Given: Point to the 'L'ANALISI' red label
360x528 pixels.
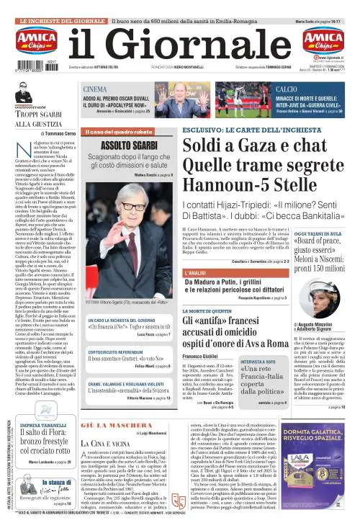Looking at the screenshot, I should pyautogui.click(x=196, y=274).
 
